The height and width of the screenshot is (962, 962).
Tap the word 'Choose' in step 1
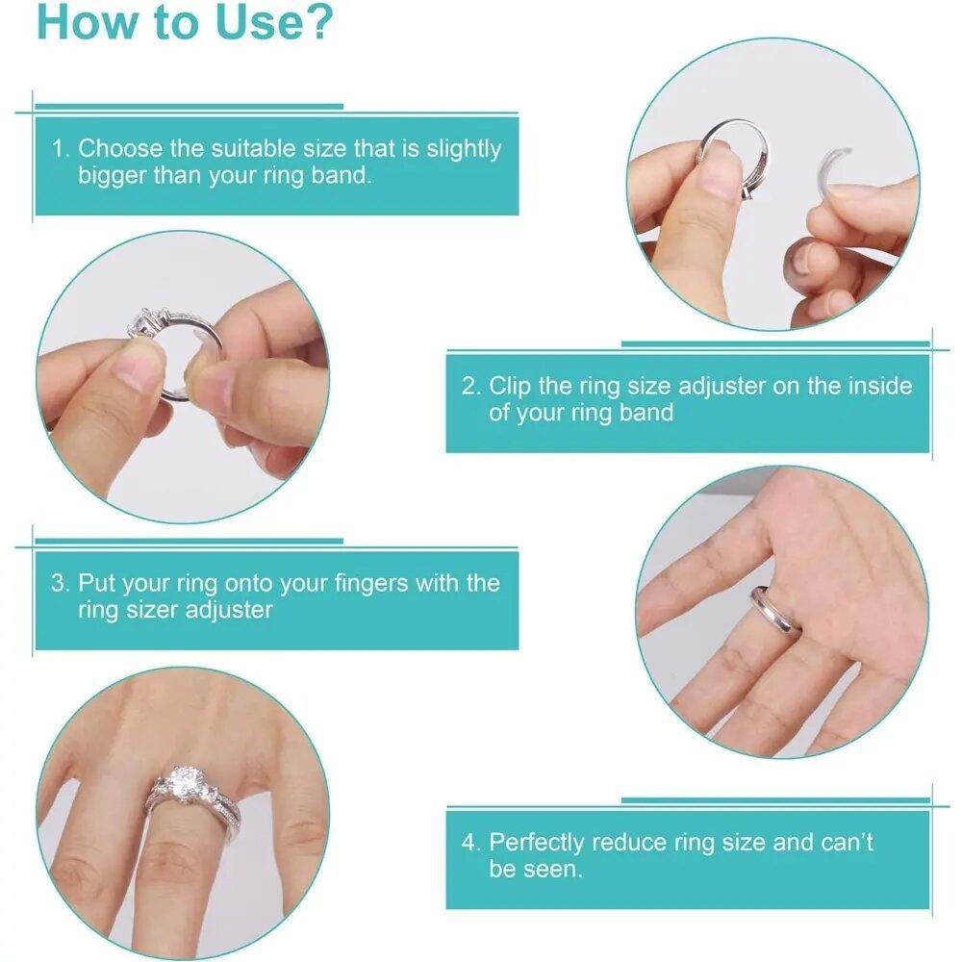(x=120, y=149)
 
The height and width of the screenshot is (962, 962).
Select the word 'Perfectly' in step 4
(x=537, y=843)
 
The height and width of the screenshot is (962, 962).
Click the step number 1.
(x=60, y=149)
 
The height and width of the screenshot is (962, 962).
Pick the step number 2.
(x=469, y=387)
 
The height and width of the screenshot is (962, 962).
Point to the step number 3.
(x=60, y=583)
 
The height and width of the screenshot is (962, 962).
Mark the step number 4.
(x=469, y=843)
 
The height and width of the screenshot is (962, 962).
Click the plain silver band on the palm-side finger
(x=775, y=611)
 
